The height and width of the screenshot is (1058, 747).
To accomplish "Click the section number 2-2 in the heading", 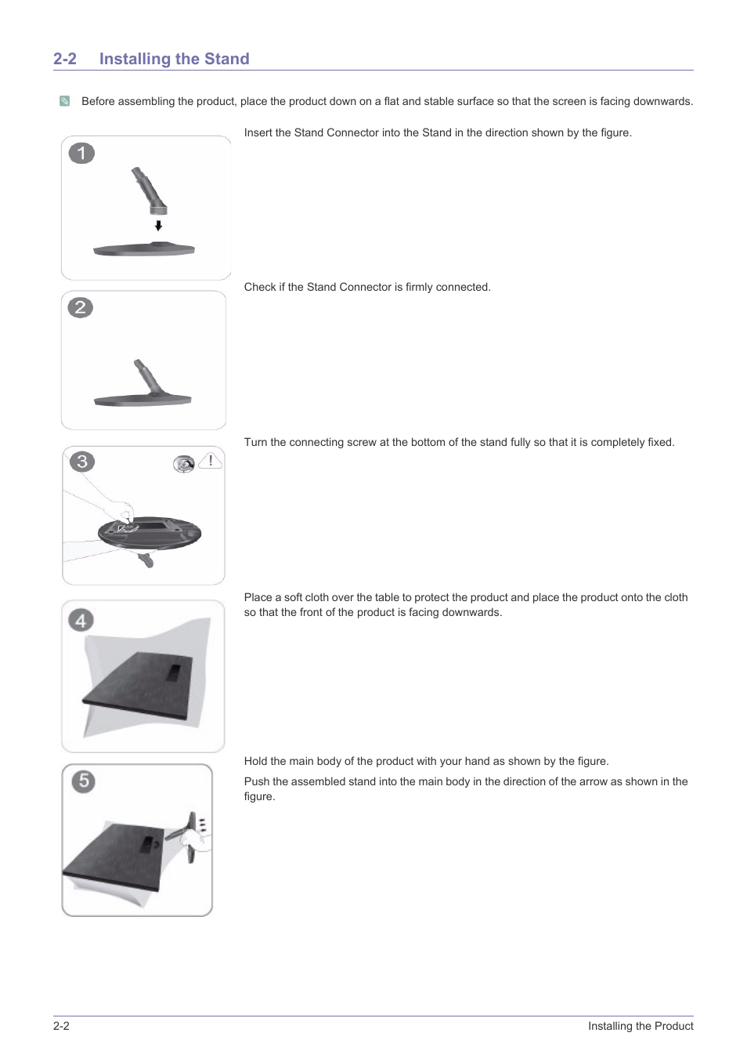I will click(x=65, y=59).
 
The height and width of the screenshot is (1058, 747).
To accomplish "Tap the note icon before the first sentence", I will click(x=65, y=101).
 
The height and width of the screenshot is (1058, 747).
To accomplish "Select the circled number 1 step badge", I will click(x=81, y=153).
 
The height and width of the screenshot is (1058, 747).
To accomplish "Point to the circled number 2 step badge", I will click(x=80, y=307).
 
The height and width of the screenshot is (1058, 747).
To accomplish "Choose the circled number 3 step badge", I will click(x=82, y=462).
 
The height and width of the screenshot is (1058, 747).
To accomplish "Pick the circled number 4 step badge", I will click(x=81, y=621).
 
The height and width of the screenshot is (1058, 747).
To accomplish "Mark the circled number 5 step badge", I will click(x=83, y=781).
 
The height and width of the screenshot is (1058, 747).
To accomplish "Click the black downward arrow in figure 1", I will click(x=158, y=226).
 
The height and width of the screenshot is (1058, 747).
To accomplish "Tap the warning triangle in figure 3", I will click(x=210, y=461).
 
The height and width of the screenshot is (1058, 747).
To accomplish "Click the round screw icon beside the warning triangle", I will click(x=184, y=464).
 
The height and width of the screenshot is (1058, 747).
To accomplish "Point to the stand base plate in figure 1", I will click(x=144, y=250).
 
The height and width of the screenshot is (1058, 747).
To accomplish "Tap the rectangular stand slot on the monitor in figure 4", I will click(x=173, y=672).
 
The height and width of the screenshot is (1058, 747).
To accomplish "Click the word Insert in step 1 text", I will click(x=258, y=133).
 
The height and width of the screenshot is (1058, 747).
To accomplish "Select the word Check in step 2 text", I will click(x=260, y=288).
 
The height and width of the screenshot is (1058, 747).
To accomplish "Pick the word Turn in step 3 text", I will click(x=255, y=443).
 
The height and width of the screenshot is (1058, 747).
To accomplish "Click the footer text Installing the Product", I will click(x=641, y=1027).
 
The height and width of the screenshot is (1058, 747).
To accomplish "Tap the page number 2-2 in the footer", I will click(x=61, y=1027).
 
